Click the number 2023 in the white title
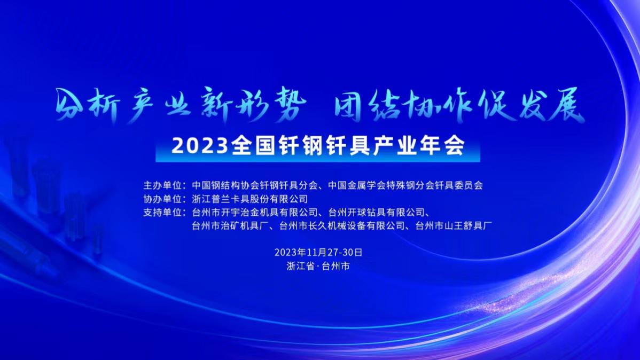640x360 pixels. [x=200, y=146]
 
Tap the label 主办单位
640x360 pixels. [x=162, y=185]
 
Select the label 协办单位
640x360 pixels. [x=162, y=199]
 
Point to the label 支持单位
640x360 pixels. [x=162, y=212]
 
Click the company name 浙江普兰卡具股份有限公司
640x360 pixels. [x=250, y=199]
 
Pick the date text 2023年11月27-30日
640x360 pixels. [x=318, y=252]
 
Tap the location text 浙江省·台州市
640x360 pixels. [x=318, y=266]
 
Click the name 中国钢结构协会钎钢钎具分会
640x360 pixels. [x=255, y=185]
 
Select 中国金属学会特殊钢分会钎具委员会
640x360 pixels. [x=405, y=185]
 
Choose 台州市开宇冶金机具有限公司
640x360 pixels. [x=255, y=212]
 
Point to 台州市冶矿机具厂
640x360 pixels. [x=231, y=226]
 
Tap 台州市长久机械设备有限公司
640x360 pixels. [x=342, y=226]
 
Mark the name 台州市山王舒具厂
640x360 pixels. [x=454, y=226]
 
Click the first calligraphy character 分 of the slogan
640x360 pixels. [x=69, y=105]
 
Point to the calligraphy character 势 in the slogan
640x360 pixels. [x=289, y=105]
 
